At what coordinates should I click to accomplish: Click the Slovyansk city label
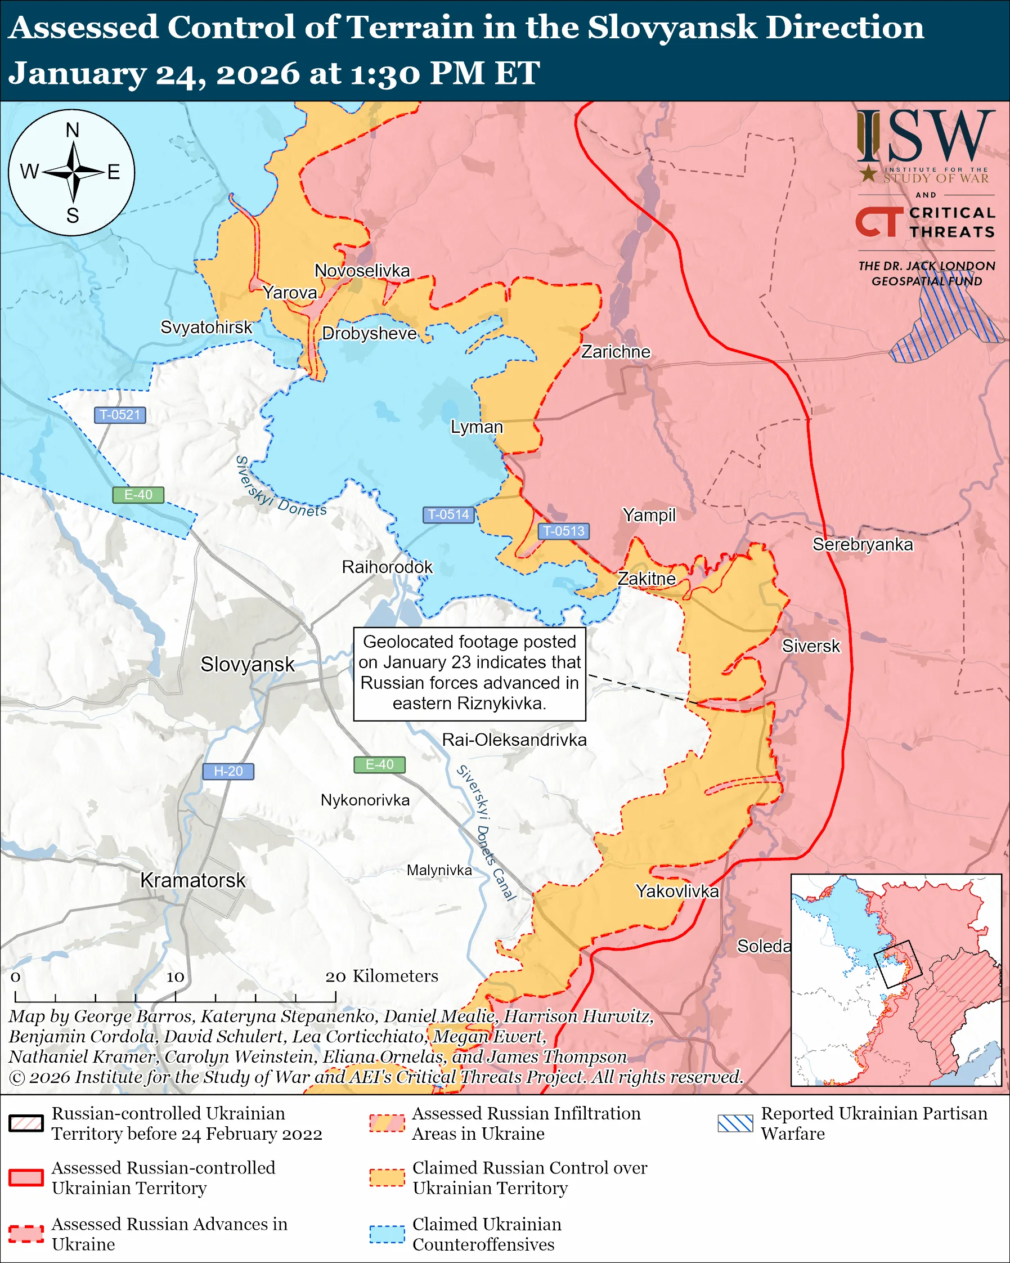click(x=247, y=664)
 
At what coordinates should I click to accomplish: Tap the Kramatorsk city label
click(x=192, y=880)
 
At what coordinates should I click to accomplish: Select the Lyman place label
click(x=477, y=427)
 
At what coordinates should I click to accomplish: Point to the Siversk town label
click(x=810, y=646)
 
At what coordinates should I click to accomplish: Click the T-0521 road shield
click(x=120, y=415)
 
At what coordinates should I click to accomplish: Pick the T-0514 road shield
click(x=448, y=514)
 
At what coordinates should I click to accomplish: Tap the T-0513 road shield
click(x=563, y=531)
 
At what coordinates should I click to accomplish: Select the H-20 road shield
click(x=228, y=771)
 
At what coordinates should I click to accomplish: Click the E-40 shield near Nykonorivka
click(x=379, y=764)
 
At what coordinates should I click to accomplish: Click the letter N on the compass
click(x=72, y=130)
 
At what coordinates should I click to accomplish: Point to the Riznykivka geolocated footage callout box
click(x=470, y=674)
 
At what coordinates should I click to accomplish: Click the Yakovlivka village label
click(x=677, y=891)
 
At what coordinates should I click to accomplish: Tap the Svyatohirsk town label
click(x=206, y=327)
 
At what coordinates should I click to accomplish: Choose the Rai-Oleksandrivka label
click(x=514, y=740)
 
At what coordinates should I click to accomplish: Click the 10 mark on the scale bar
click(x=175, y=977)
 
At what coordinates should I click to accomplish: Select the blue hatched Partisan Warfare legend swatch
click(x=735, y=1122)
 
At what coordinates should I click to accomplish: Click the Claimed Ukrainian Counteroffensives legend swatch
click(x=387, y=1233)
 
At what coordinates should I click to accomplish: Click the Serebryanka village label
click(x=863, y=544)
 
